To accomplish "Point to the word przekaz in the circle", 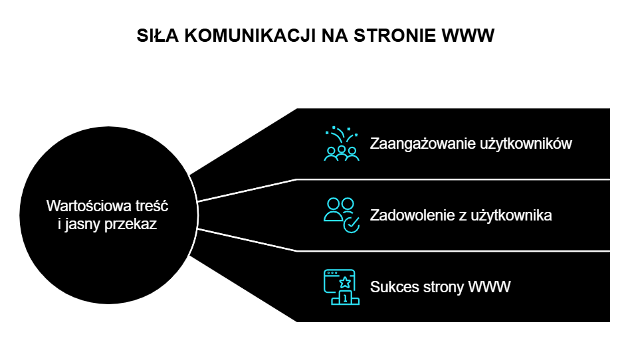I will pyautogui.click(x=134, y=225).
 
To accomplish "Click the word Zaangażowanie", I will pyautogui.click(x=421, y=143).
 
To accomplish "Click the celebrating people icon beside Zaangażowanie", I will pyautogui.click(x=342, y=145).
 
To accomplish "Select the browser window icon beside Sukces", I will pyautogui.click(x=339, y=282).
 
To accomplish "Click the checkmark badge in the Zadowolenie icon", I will pyautogui.click(x=351, y=225).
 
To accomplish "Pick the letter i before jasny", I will pyautogui.click(x=60, y=225).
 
